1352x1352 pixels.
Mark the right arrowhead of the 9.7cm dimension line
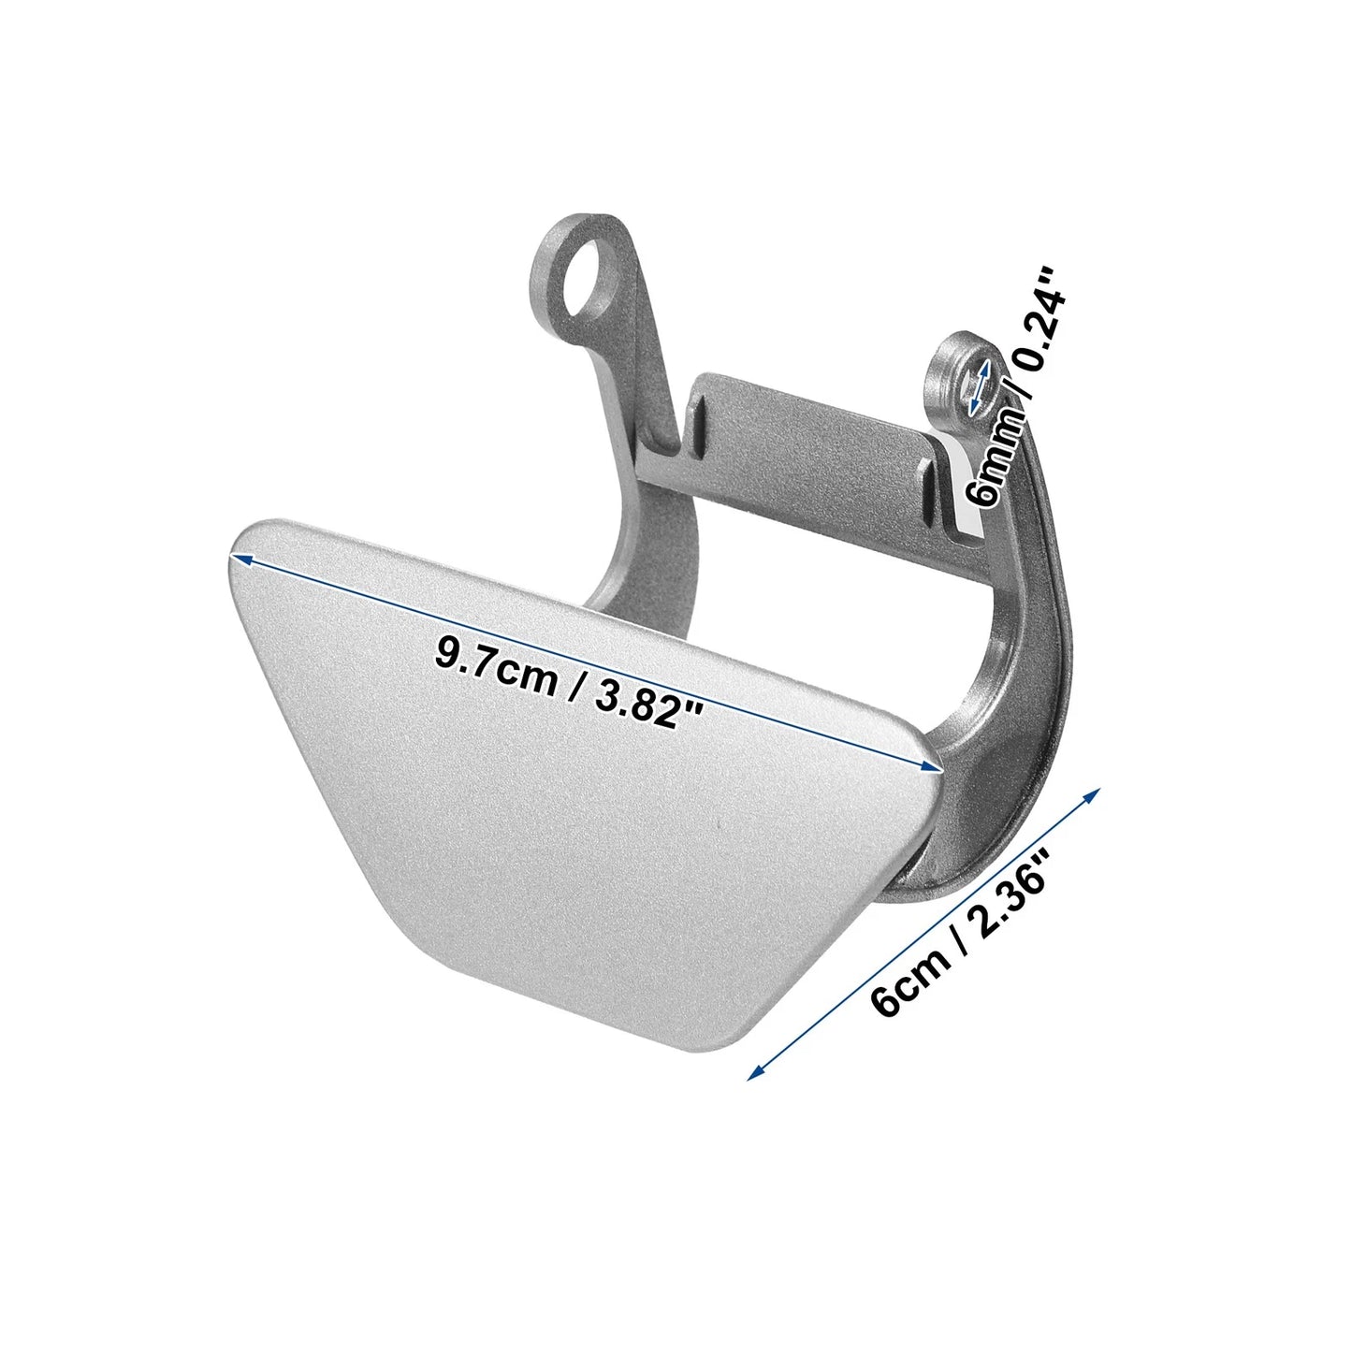[x=930, y=766]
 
